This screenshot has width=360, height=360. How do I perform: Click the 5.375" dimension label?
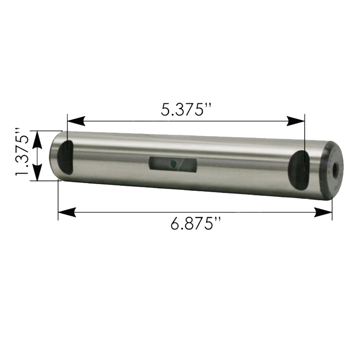click(186, 110)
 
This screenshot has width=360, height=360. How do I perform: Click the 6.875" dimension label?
click(196, 224)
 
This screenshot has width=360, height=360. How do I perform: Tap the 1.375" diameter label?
click(22, 152)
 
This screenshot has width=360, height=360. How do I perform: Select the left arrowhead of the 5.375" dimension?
click(76, 121)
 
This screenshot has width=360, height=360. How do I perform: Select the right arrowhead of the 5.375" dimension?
click(296, 121)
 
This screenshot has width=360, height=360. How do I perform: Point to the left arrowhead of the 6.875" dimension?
click(67, 212)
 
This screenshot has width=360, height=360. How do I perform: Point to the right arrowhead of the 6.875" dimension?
click(323, 212)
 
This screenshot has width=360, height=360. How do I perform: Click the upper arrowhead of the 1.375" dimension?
click(37, 139)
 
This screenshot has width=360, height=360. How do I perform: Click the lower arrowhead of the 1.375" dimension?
click(37, 172)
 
